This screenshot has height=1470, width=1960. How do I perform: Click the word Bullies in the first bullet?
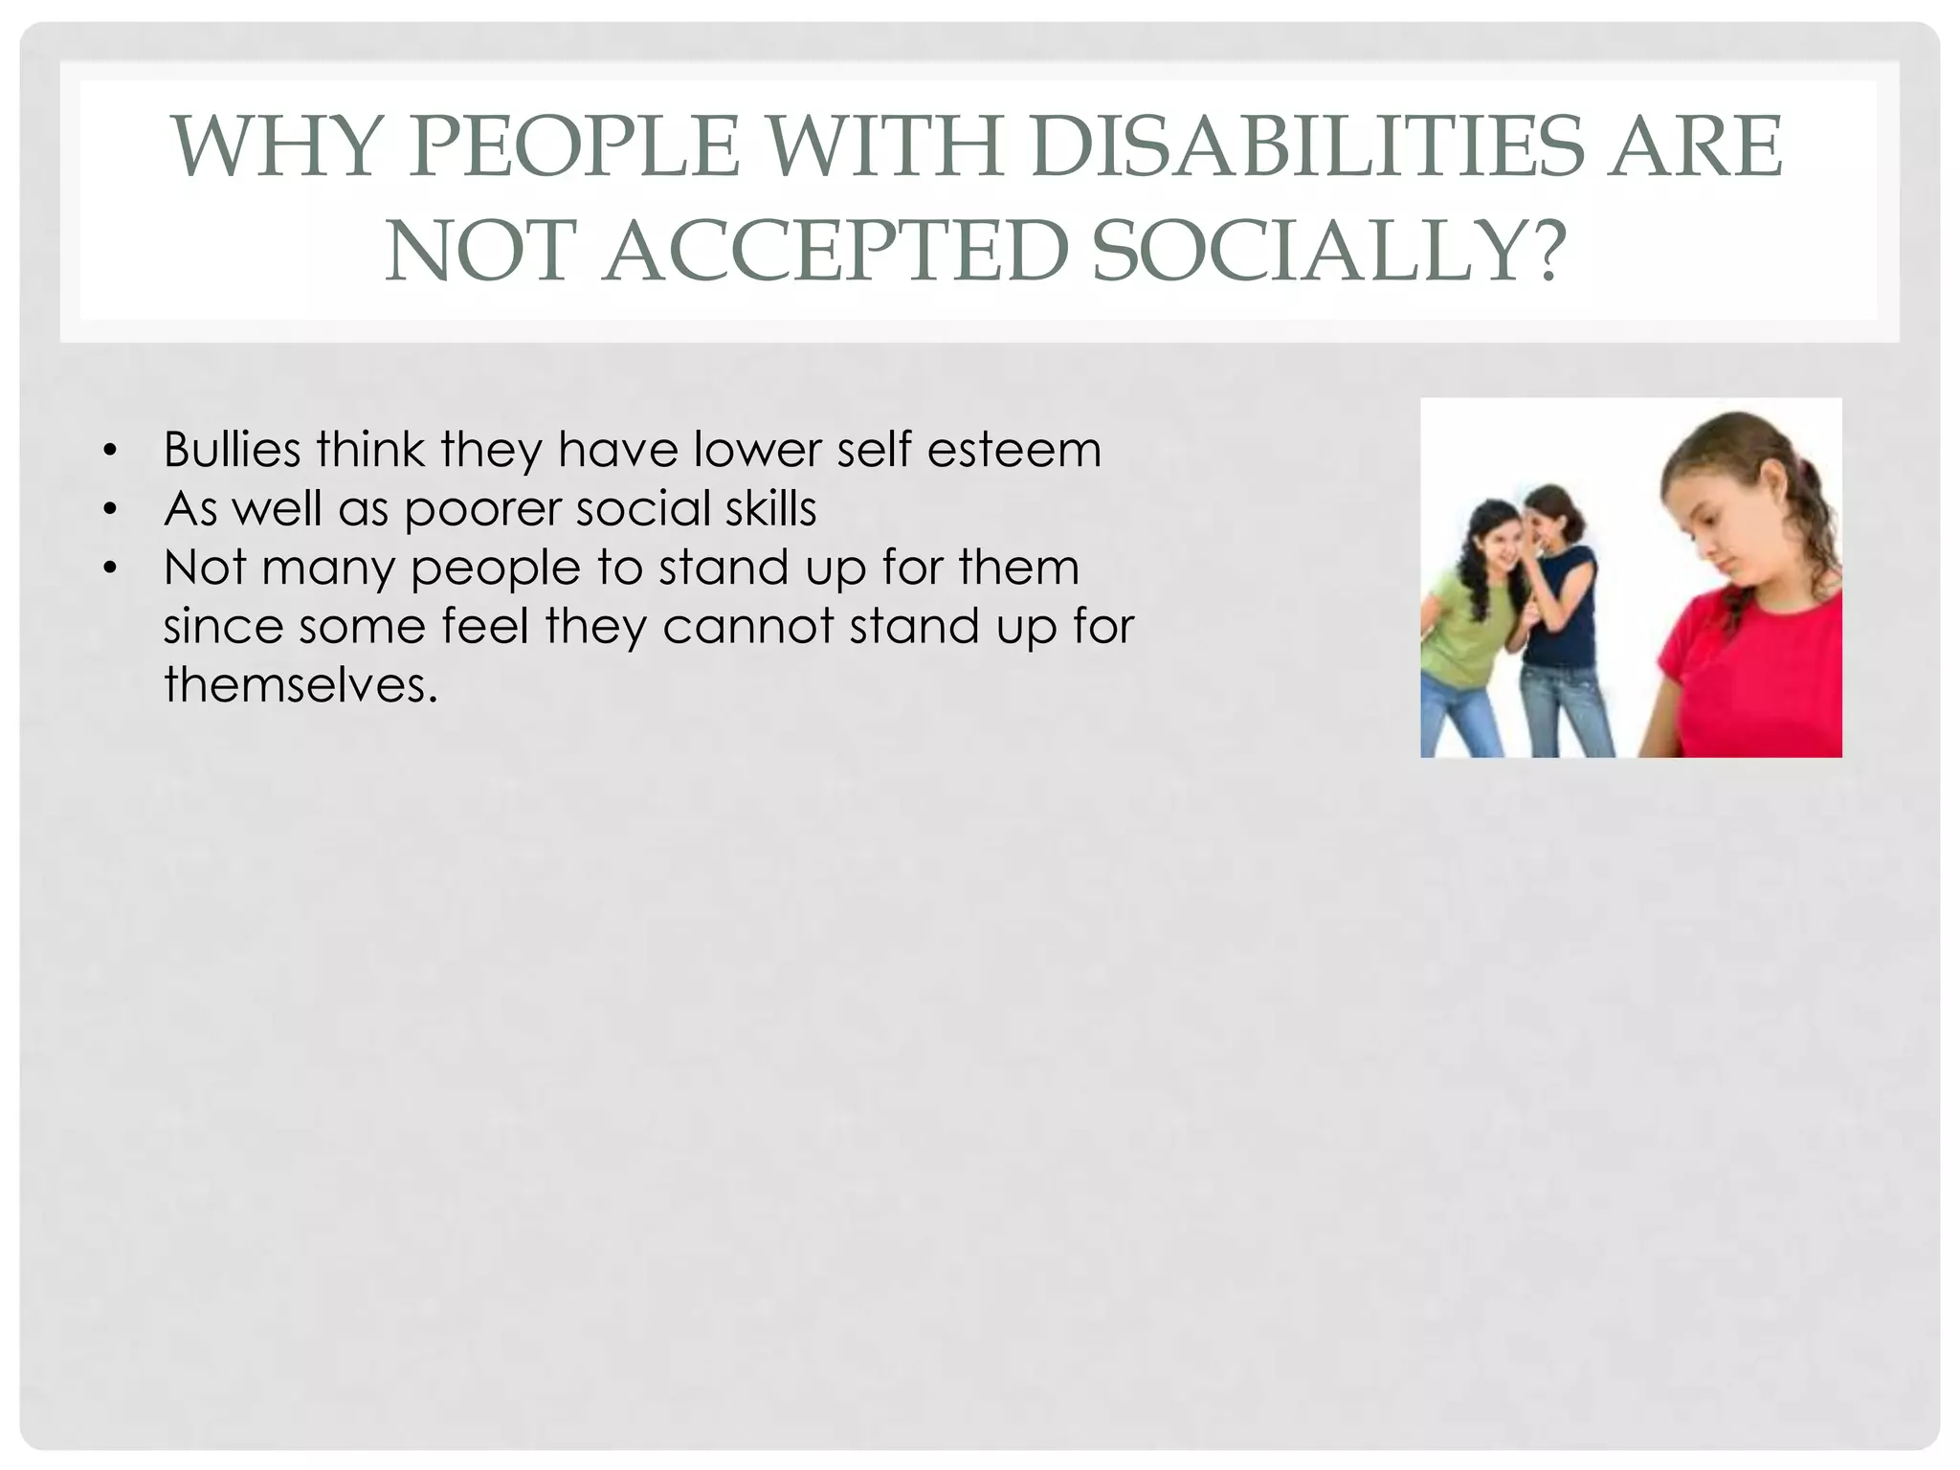[233, 449]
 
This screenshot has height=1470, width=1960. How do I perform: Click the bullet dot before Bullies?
[111, 451]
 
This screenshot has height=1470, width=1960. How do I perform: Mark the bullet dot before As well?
[111, 509]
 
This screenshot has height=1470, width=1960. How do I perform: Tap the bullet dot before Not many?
[111, 568]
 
